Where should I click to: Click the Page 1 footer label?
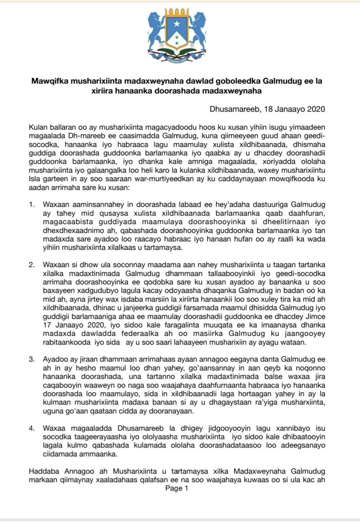click(x=177, y=489)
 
